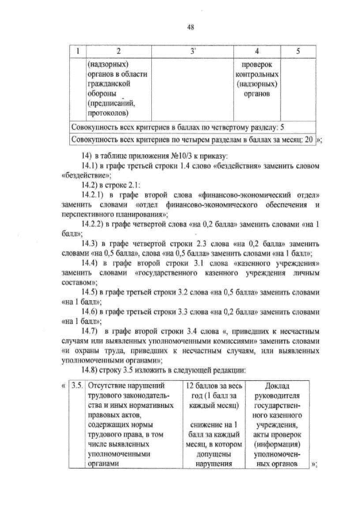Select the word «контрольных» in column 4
tap(257, 74)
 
